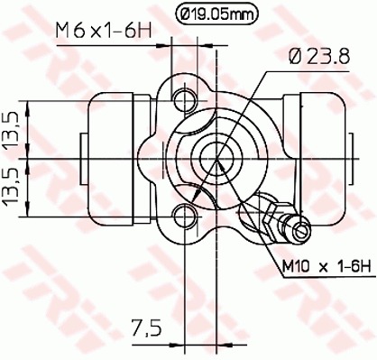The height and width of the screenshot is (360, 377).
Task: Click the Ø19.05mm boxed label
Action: pyautogui.click(x=216, y=14)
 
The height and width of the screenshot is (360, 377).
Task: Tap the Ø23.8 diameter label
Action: pyautogui.click(x=319, y=56)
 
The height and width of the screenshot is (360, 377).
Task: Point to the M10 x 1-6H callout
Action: pyautogui.click(x=327, y=266)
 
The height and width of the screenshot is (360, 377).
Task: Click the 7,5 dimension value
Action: pyautogui.click(x=147, y=328)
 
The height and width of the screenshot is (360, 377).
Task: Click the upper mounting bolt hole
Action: pyautogui.click(x=186, y=100)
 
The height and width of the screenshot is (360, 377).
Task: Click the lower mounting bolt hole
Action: pyautogui.click(x=186, y=216)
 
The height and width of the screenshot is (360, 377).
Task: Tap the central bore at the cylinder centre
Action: pyautogui.click(x=216, y=159)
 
